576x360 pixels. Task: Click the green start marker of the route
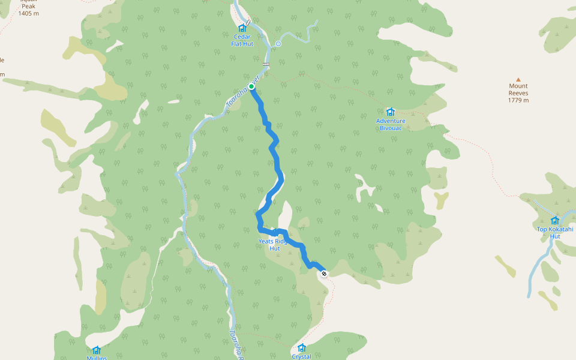pyautogui.click(x=251, y=87)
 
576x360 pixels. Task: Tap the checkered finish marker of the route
pyautogui.click(x=324, y=274)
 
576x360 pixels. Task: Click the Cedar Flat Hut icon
pyautogui.click(x=242, y=28)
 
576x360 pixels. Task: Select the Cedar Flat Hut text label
pyautogui.click(x=242, y=40)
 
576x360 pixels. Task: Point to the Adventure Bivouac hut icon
pyautogui.click(x=391, y=112)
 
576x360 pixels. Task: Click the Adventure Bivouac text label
pyautogui.click(x=391, y=124)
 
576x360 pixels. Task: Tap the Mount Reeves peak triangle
pyautogui.click(x=518, y=79)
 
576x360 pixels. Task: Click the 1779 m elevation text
pyautogui.click(x=518, y=100)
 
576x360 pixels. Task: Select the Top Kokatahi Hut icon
pyautogui.click(x=555, y=220)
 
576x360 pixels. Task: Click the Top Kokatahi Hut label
pyautogui.click(x=555, y=232)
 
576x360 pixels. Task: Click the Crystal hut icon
pyautogui.click(x=301, y=347)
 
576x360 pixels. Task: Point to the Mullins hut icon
pyautogui.click(x=96, y=350)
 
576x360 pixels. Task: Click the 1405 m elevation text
pyautogui.click(x=29, y=13)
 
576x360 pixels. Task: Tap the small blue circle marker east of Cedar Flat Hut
pyautogui.click(x=278, y=44)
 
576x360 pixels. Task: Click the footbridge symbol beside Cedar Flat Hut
pyautogui.click(x=248, y=21)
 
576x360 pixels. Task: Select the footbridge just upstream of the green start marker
pyautogui.click(x=265, y=64)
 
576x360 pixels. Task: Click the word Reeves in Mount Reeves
pyautogui.click(x=518, y=93)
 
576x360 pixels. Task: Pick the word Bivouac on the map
pyautogui.click(x=391, y=128)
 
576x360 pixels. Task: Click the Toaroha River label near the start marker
pyautogui.click(x=242, y=94)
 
